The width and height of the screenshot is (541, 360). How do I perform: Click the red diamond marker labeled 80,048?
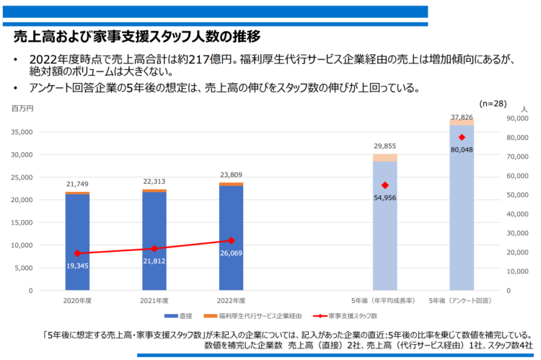pos(462,138)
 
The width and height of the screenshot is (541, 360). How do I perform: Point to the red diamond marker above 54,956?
pos(384,185)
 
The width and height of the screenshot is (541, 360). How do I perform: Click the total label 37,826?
pos(462,116)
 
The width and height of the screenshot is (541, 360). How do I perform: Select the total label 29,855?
pos(384,146)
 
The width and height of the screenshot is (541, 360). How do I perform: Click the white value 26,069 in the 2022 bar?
pos(231,253)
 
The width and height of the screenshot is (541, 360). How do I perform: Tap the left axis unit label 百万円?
pos(22,107)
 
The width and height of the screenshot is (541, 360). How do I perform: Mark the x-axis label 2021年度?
pos(154,299)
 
